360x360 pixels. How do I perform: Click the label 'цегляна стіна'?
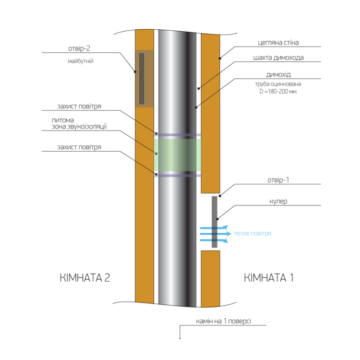point(278,43)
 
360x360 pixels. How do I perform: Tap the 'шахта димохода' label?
point(278,58)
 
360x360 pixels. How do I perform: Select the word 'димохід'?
point(278,74)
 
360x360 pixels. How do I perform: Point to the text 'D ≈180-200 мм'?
point(278,91)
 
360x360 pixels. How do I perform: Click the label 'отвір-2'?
point(79,48)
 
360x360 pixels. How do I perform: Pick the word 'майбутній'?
point(81,61)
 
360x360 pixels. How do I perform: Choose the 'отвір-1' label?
point(278,180)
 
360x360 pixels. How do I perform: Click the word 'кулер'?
point(278,201)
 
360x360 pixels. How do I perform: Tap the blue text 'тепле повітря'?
point(252,233)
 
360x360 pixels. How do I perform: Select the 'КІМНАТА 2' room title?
point(85,277)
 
